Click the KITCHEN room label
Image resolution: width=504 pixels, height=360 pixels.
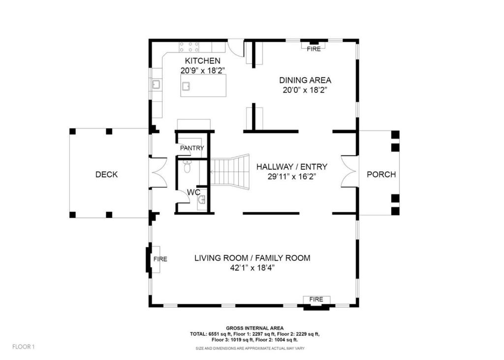202,61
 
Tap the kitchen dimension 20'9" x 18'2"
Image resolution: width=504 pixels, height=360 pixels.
202,71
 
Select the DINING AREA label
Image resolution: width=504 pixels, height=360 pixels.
305,80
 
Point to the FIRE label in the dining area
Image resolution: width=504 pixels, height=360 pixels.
314,49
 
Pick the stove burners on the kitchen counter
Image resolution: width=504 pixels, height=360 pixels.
189,47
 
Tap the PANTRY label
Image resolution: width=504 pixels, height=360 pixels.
191,148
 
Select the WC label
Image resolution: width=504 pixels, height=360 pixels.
193,192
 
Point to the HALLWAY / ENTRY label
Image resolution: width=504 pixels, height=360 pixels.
291,167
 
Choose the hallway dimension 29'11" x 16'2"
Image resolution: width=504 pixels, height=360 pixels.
291,177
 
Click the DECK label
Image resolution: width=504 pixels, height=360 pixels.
106,175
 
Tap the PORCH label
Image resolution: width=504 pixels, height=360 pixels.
381,175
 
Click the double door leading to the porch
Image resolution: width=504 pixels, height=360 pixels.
349,172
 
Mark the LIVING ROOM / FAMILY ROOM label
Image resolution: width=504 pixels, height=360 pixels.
252,258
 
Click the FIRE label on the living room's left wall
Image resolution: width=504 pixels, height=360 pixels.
160,259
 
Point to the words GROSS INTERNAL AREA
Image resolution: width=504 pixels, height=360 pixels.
254,328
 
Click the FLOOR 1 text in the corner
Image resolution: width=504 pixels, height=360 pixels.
24,347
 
